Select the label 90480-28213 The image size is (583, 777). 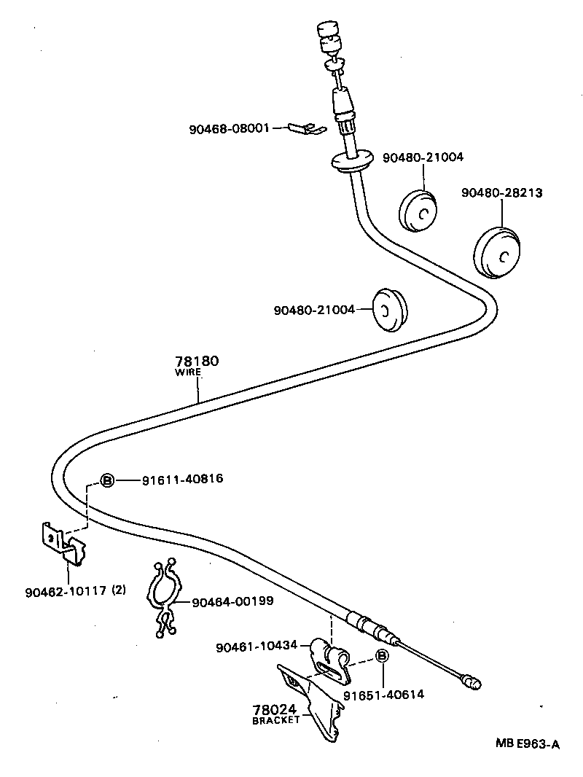pos(501,192)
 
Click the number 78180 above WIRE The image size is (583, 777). pos(197,361)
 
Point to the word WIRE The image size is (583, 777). pos(188,372)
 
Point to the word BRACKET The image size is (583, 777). pos(276,720)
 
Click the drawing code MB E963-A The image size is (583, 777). pos(528,744)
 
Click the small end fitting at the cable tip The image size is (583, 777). pos(473,684)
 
